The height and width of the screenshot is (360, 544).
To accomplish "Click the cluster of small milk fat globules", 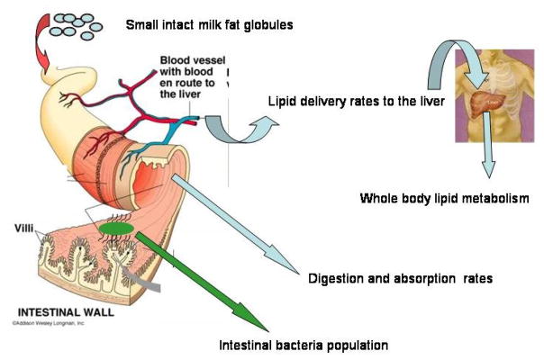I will pyautogui.click(x=75, y=24).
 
